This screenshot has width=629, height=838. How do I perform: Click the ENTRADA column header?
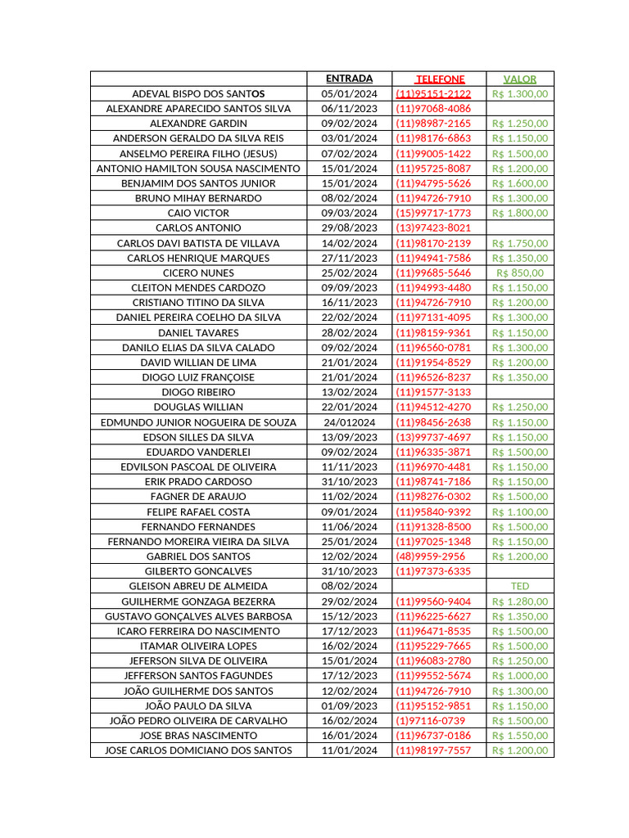[349, 79]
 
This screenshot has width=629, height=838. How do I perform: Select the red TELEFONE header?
[440, 79]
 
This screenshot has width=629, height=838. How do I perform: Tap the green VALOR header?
[520, 79]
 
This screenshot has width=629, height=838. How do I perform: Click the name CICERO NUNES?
[198, 273]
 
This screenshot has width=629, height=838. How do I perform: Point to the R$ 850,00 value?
[520, 273]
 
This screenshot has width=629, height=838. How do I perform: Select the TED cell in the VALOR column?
[520, 586]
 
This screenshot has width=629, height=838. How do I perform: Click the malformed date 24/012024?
[349, 422]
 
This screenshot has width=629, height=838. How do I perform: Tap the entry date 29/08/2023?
[349, 228]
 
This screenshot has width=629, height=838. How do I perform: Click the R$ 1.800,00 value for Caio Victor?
[520, 213]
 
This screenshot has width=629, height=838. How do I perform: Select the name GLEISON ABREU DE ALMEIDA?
[198, 586]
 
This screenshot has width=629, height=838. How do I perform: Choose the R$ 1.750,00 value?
[520, 243]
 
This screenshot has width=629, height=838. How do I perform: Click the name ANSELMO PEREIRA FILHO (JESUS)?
[198, 153]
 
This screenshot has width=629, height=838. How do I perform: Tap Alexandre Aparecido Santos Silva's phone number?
[433, 108]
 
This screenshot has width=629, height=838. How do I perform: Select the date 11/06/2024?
[349, 526]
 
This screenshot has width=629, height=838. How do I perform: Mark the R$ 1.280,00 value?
[520, 601]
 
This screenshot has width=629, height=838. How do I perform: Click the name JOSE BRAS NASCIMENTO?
[198, 735]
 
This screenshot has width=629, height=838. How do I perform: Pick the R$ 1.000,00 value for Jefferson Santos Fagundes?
[520, 675]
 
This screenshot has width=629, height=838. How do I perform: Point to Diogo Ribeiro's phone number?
[433, 392]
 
